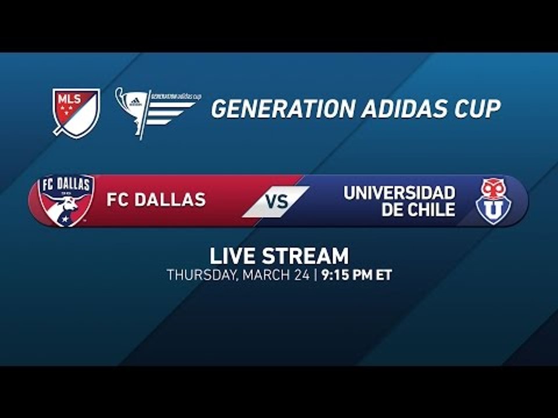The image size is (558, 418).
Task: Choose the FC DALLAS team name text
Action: [x=156, y=200]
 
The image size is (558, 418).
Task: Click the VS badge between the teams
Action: [x=277, y=201]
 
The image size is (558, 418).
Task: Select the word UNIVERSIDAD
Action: [x=399, y=193]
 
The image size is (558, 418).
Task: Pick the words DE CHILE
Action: [x=419, y=210]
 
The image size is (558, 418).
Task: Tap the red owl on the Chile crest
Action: [x=492, y=189]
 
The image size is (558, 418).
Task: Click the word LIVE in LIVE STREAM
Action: [x=233, y=256]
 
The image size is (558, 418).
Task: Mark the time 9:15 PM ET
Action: [x=356, y=275]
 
